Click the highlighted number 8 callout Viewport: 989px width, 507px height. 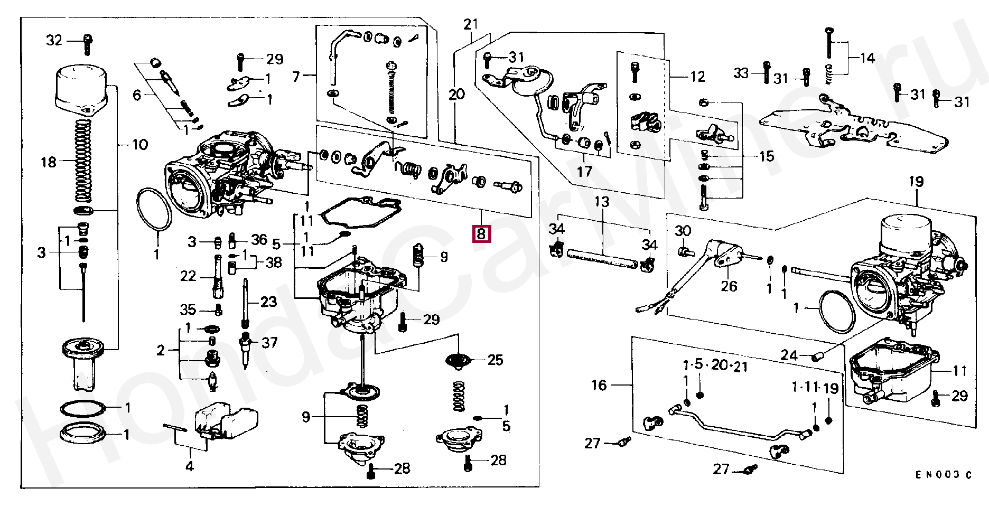[x=481, y=233]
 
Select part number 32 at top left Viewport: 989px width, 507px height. [x=54, y=40]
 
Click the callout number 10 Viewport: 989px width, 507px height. [x=139, y=144]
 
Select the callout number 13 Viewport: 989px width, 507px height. [x=602, y=201]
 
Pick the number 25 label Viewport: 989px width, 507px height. [x=495, y=360]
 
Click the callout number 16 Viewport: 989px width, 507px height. [x=599, y=385]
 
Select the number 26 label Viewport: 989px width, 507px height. [x=729, y=286]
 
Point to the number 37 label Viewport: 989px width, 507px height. [x=269, y=343]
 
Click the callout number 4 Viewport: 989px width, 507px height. [x=189, y=466]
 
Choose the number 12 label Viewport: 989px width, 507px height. [x=697, y=77]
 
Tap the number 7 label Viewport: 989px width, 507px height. [x=296, y=77]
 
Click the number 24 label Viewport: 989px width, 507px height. [x=789, y=355]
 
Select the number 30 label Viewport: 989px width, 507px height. [x=683, y=231]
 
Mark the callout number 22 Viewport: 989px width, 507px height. [x=188, y=276]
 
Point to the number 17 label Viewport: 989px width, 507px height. [x=585, y=172]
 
